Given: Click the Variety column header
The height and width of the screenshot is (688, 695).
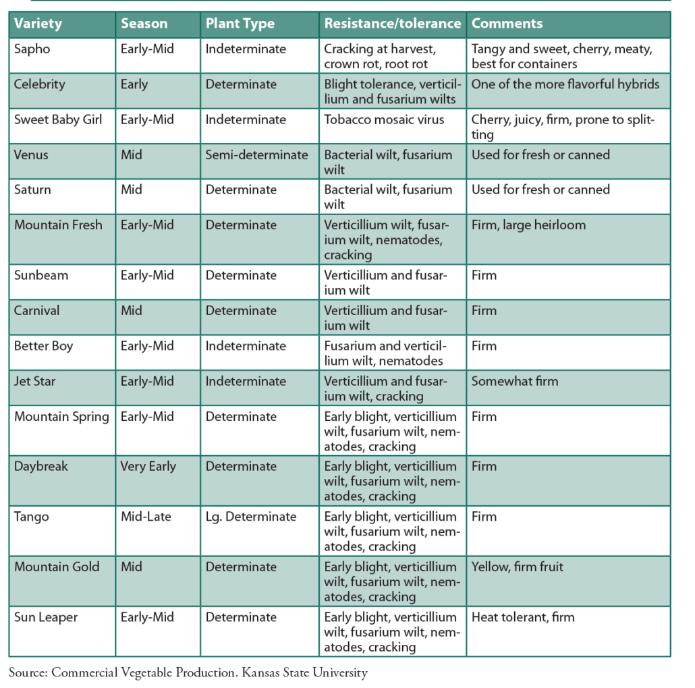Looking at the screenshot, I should coord(38,24).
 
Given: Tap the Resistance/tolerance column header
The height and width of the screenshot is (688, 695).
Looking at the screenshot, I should coord(392,24).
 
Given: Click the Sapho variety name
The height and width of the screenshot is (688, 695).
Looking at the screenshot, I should coord(32,49).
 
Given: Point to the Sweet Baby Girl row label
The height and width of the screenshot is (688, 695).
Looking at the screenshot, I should coord(58,119).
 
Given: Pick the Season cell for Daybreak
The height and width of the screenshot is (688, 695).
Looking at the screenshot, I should coord(148,466).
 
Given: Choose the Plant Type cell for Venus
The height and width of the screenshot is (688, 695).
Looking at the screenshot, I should coord(256,154).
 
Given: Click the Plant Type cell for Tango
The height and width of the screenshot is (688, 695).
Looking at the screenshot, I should coord(250,517).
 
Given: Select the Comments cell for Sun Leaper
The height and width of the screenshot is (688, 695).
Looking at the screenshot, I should coord(523,617).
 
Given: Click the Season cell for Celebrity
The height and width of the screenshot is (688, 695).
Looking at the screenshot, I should coord(134,84).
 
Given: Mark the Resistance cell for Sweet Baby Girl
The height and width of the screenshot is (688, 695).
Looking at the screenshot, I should coord(384,119).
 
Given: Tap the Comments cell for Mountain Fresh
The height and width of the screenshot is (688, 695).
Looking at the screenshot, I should coord(528,225).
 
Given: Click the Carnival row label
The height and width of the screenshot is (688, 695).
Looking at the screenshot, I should coord(36,311).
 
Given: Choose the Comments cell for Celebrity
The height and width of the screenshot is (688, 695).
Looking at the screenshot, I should coord(565,84).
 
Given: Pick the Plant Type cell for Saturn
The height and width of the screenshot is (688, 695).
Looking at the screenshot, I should coord(241,190).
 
